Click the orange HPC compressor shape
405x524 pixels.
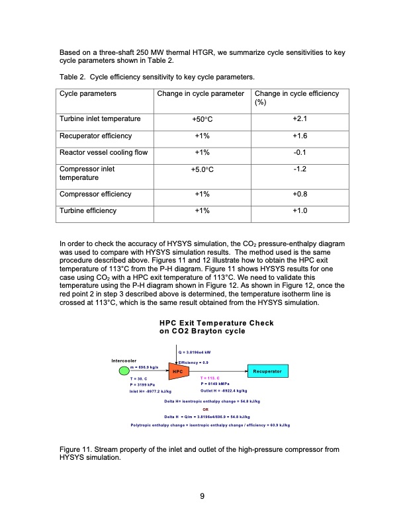[177, 372]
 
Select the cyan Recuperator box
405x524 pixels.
[268, 372]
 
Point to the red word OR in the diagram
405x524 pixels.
[205, 408]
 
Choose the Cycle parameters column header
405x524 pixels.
[87, 94]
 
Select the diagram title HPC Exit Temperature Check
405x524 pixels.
[216, 322]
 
